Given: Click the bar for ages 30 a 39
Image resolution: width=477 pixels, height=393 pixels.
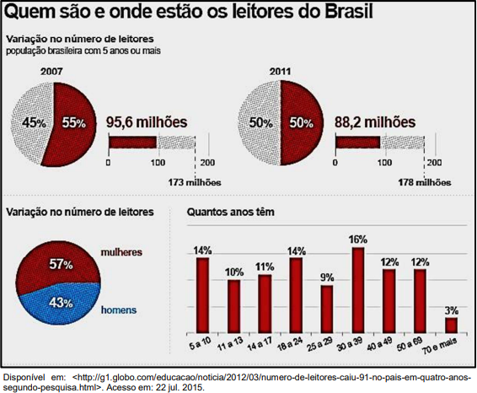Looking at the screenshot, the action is click(x=358, y=290).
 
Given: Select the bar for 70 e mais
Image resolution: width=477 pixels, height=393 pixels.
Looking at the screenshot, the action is click(x=451, y=326).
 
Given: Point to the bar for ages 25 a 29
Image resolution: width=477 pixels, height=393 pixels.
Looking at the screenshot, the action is click(x=327, y=310).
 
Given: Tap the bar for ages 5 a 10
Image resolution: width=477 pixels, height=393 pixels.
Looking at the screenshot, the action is click(x=202, y=295).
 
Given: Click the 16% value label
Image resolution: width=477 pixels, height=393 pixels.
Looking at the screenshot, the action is click(x=358, y=240).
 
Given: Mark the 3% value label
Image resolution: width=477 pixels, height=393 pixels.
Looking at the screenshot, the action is click(x=452, y=310).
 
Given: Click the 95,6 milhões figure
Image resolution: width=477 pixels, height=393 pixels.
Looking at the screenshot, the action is click(x=147, y=122).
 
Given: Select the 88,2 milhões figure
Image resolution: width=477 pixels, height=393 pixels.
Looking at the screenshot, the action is click(x=375, y=122).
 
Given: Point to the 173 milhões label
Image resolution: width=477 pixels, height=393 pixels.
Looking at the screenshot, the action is click(x=195, y=183).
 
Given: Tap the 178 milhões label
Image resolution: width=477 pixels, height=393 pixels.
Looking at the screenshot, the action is click(x=425, y=183).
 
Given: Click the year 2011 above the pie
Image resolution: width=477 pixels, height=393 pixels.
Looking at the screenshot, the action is click(x=280, y=72).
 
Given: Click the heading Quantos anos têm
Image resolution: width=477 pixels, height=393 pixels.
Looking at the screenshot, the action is click(x=231, y=212).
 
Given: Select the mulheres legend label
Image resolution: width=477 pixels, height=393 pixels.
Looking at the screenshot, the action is click(x=121, y=252).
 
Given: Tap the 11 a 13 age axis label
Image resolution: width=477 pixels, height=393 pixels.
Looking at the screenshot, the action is click(x=231, y=344).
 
